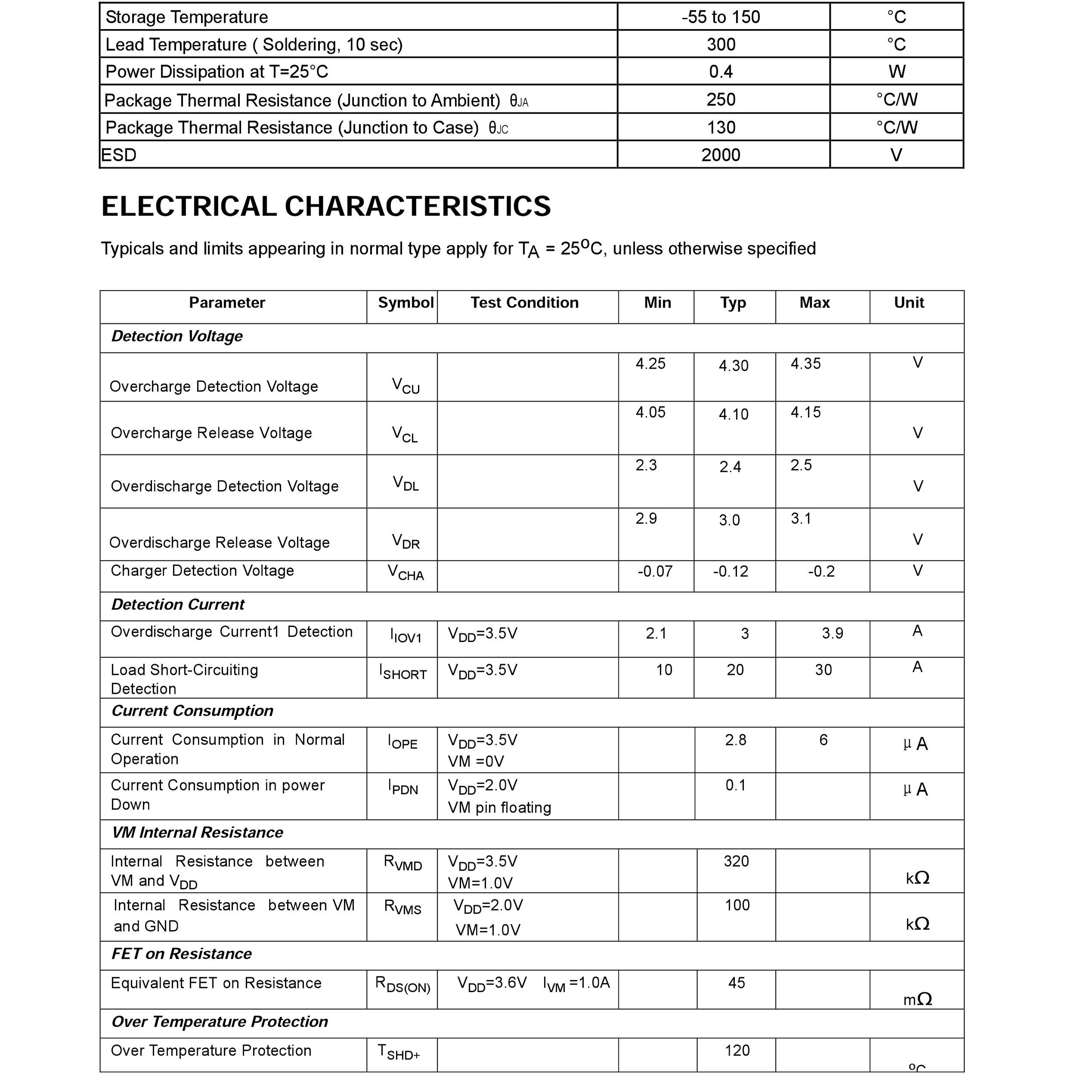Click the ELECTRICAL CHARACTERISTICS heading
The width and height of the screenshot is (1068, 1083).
(x=326, y=206)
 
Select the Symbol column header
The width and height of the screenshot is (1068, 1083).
(x=406, y=303)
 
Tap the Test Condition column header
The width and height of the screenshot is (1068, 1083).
(x=524, y=303)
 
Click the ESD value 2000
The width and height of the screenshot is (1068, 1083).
(x=721, y=155)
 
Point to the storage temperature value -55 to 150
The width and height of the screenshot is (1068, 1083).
(x=721, y=17)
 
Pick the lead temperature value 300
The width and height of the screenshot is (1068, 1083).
(x=721, y=44)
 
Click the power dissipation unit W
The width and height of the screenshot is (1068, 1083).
(x=896, y=72)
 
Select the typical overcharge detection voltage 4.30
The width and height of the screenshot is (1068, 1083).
(x=734, y=366)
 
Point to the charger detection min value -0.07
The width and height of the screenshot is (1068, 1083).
(x=655, y=571)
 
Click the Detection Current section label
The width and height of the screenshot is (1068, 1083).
(x=178, y=604)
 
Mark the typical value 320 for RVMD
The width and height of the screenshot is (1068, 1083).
(x=737, y=861)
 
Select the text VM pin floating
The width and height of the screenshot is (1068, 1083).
(x=499, y=808)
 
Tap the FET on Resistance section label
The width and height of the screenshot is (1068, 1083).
(x=181, y=954)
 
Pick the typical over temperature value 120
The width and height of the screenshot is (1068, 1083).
(x=737, y=1050)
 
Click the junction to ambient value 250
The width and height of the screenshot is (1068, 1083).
(x=721, y=100)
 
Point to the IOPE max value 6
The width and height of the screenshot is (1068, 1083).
(x=823, y=740)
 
